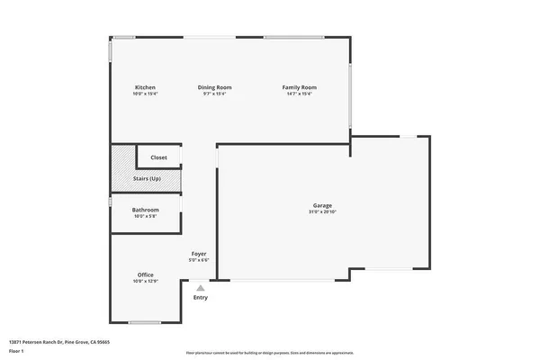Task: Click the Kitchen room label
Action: point(145,87)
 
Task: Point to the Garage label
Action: point(322,206)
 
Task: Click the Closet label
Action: point(158,157)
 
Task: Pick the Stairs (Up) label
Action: point(147,179)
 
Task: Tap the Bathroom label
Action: point(146,210)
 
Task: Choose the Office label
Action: point(146,274)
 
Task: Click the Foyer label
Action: point(199,255)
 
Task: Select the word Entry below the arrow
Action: point(200,297)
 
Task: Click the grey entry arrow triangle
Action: point(200,288)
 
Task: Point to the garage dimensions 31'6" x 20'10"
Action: point(322,212)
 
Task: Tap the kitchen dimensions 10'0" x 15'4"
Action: point(145,94)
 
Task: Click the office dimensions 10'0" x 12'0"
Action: point(146,281)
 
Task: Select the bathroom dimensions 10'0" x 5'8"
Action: point(146,216)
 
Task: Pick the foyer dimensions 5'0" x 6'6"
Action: point(199,261)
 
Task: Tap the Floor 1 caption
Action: point(17,350)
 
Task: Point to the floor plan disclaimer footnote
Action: point(269,354)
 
